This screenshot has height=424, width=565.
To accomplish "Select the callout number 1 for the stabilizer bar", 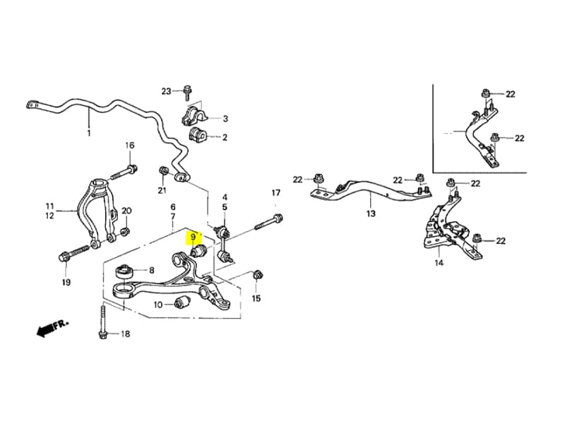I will [89, 133].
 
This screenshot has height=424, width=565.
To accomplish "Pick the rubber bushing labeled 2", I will [196, 134].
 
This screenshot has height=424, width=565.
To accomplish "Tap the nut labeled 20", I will [125, 230].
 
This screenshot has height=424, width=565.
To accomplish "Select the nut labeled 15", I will [257, 275].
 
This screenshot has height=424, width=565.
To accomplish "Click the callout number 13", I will [371, 213].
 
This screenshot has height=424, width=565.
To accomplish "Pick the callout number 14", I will [439, 263].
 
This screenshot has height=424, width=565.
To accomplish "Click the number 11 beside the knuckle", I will [49, 206].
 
